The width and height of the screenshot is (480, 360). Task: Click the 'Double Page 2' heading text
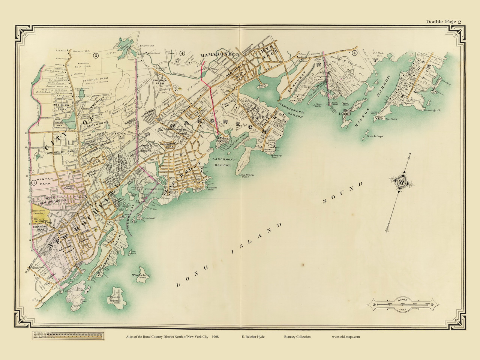[441, 21]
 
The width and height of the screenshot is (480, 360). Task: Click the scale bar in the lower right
[402, 304]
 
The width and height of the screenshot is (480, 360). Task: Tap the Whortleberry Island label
[141, 277]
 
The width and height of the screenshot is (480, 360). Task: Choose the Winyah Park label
[46, 183]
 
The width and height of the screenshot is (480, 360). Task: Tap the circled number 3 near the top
[96, 56]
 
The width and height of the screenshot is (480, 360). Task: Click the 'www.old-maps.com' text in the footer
[345, 337]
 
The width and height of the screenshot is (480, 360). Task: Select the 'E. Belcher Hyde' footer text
[253, 337]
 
